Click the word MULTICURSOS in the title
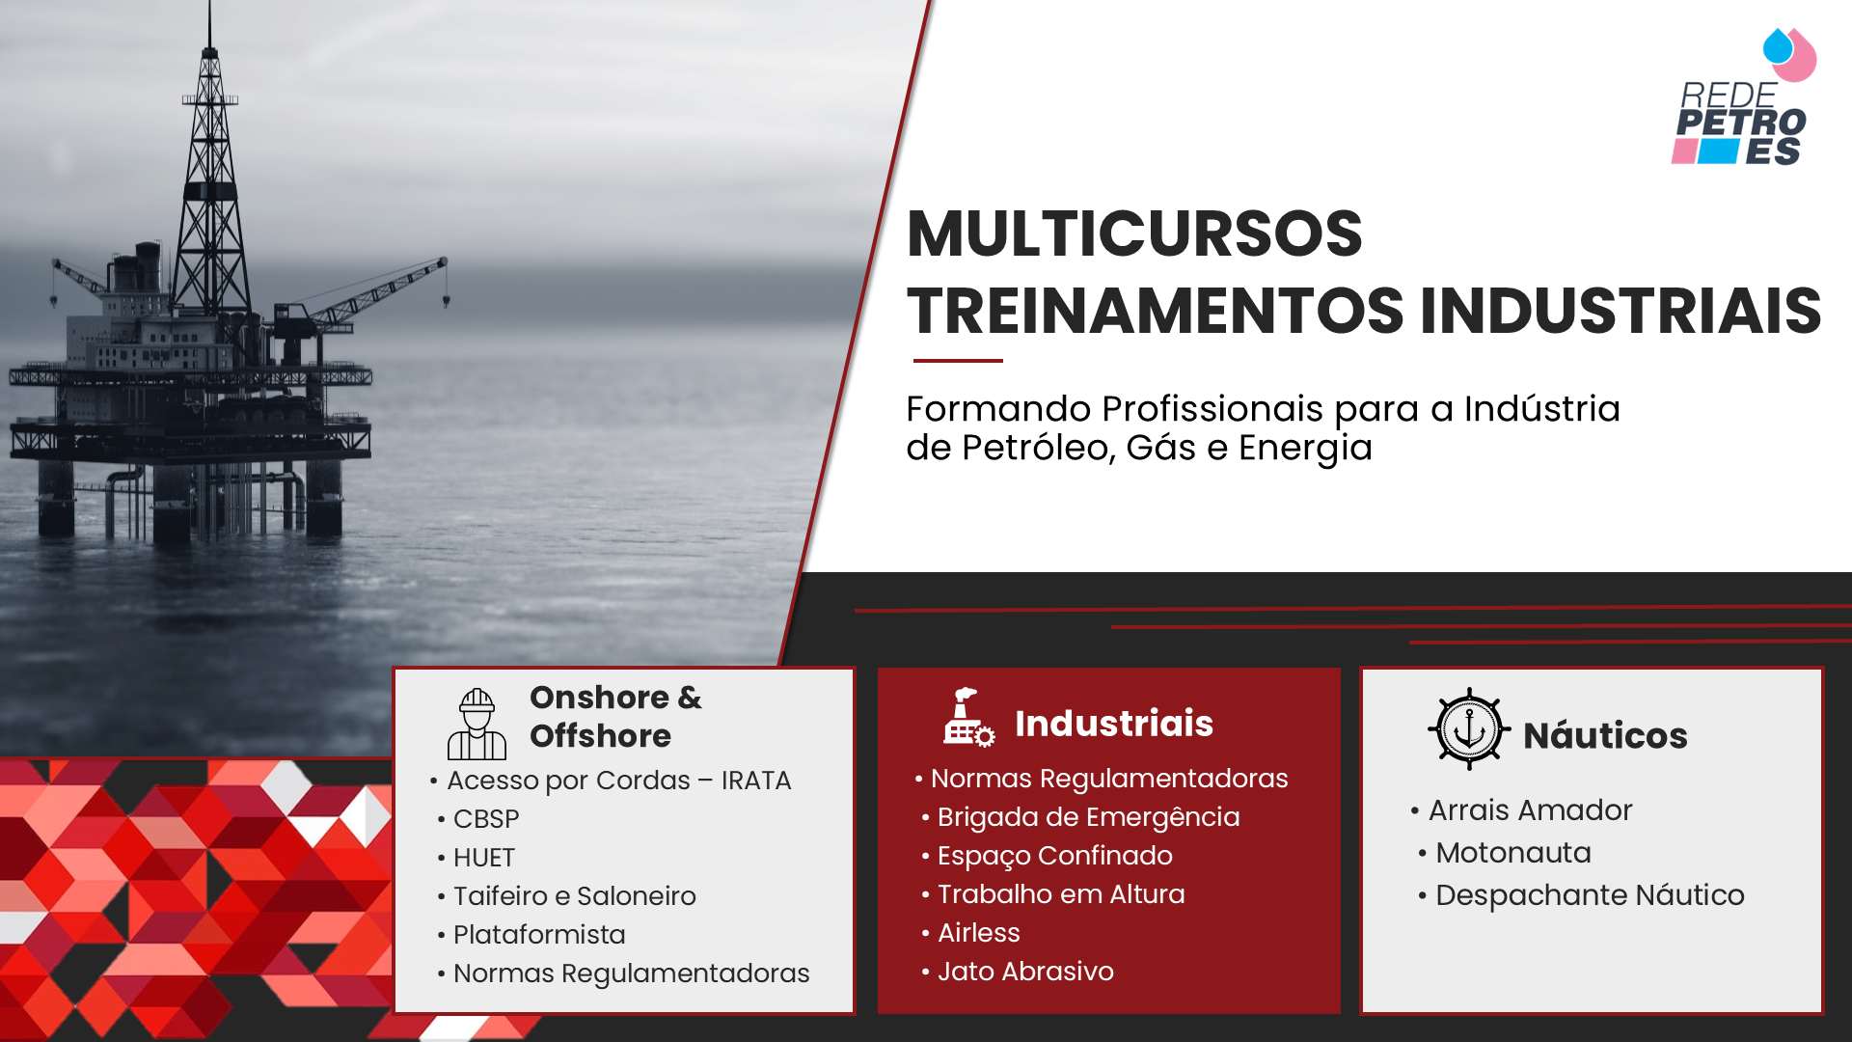pyautogui.click(x=1134, y=233)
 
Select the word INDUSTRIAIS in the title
pyautogui.click(x=1620, y=311)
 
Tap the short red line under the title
pyautogui.click(x=958, y=361)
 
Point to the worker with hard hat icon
pyautogui.click(x=477, y=724)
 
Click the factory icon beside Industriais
pyautogui.click(x=968, y=717)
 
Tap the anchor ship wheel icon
pyautogui.click(x=1469, y=728)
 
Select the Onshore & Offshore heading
pyautogui.click(x=615, y=716)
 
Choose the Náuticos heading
pyautogui.click(x=1605, y=735)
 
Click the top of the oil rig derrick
pyautogui.click(x=209, y=6)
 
